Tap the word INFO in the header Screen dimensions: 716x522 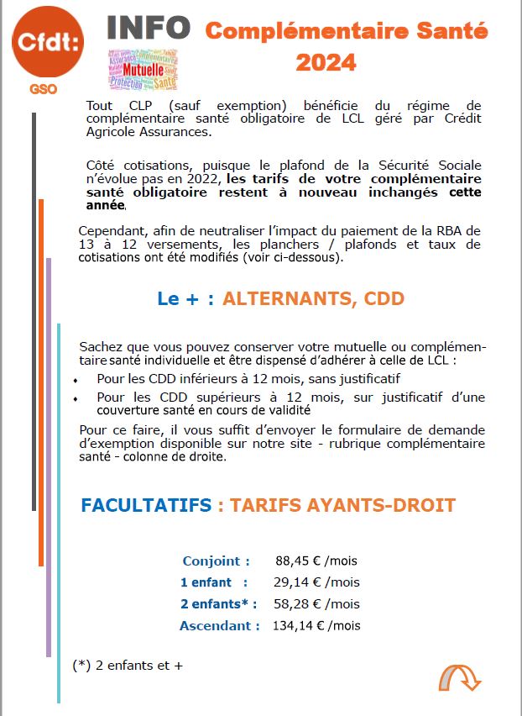[x=149, y=29]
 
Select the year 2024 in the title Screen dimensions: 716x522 [x=326, y=63]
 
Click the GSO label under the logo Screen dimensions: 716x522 [x=43, y=89]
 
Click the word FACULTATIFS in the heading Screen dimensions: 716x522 [x=146, y=505]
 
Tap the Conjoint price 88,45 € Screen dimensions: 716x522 [x=297, y=561]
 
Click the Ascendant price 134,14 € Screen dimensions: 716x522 [x=295, y=625]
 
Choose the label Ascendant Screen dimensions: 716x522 [x=219, y=625]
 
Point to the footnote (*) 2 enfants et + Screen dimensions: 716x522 [x=128, y=665]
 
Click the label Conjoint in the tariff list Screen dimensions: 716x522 [x=216, y=561]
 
